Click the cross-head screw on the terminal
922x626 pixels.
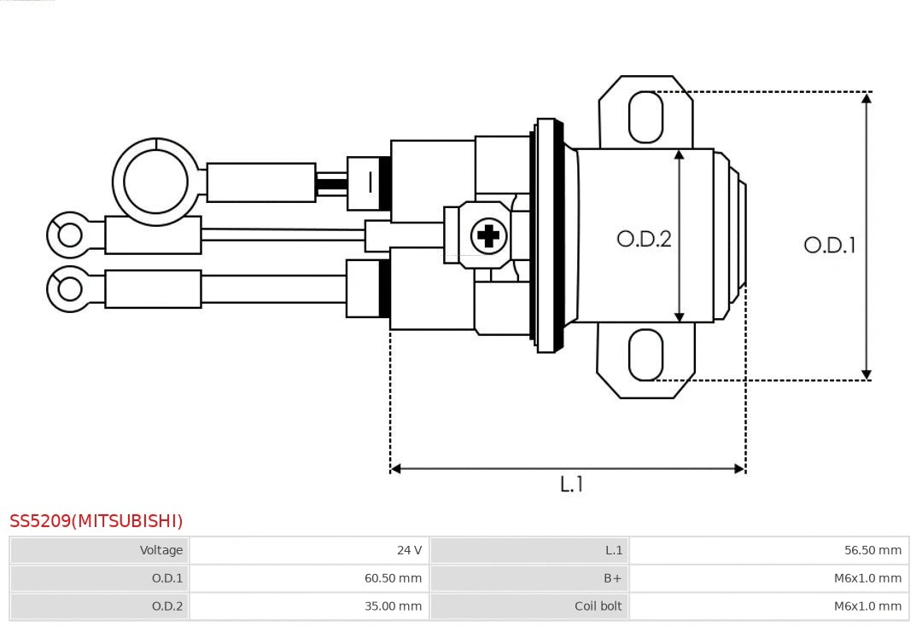[x=488, y=235]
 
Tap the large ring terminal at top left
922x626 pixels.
[x=155, y=182]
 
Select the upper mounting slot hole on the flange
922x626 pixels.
[x=645, y=117]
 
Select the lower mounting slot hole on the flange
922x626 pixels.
[x=645, y=355]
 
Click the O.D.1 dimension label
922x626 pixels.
[x=829, y=246]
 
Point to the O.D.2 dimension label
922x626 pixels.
[x=644, y=239]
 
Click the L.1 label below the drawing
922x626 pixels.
[x=571, y=484]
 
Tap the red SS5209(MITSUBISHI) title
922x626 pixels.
[x=96, y=521]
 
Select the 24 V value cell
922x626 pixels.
[x=409, y=550]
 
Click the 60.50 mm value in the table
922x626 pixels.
[x=393, y=578]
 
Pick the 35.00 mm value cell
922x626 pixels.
[x=393, y=606]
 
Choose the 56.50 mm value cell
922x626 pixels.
[x=872, y=550]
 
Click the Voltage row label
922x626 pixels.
[x=161, y=550]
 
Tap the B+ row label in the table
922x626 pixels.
[x=613, y=578]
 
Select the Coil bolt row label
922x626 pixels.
[x=598, y=606]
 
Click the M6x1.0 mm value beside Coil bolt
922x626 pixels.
[x=867, y=606]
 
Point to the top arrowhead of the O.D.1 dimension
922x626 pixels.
[x=867, y=98]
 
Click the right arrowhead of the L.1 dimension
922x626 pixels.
[x=739, y=468]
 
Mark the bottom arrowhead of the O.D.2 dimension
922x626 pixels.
[x=680, y=316]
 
